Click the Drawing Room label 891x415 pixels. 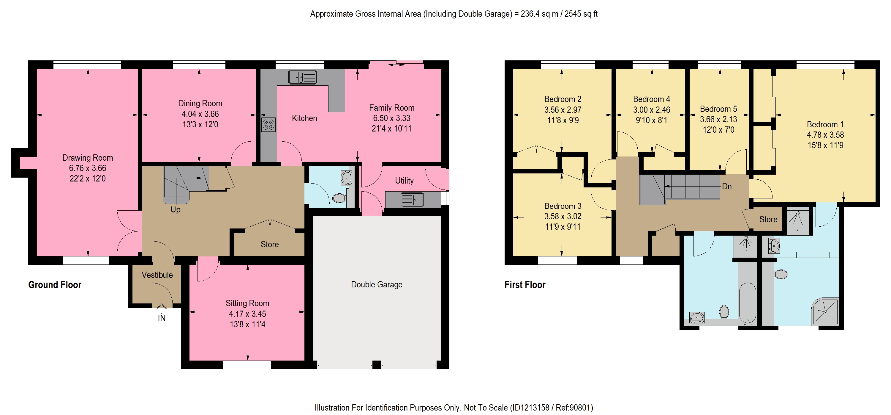pyautogui.click(x=88, y=158)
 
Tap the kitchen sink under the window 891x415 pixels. pyautogui.click(x=302, y=77)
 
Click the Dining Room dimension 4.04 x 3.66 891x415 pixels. pyautogui.click(x=200, y=114)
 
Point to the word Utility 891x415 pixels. pyautogui.click(x=404, y=181)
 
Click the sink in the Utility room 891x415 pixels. pyautogui.click(x=412, y=199)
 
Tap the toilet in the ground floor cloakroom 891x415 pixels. pyautogui.click(x=339, y=198)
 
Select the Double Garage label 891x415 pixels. pyautogui.click(x=377, y=284)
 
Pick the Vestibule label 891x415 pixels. pyautogui.click(x=157, y=275)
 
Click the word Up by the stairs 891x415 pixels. pyautogui.click(x=175, y=209)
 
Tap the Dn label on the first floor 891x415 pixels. pyautogui.click(x=727, y=186)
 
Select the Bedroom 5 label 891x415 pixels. pyautogui.click(x=718, y=109)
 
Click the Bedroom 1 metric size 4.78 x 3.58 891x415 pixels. pyautogui.click(x=825, y=135)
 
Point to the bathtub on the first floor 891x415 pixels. pyautogui.click(x=748, y=303)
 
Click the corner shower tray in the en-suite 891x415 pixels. pyautogui.click(x=825, y=311)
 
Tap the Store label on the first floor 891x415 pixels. pyautogui.click(x=768, y=219)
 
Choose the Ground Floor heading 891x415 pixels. pyautogui.click(x=55, y=285)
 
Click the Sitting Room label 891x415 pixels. pyautogui.click(x=247, y=303)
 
